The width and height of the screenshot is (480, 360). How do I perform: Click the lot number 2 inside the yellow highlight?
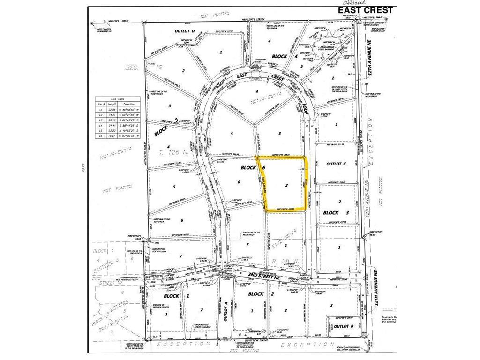coord(286,186)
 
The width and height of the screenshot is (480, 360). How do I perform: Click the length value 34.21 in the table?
coord(111,114)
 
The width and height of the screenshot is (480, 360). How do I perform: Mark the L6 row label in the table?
coord(98,135)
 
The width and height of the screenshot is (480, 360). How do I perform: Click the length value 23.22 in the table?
coord(111,130)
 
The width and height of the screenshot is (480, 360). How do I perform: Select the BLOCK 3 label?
coord(337,213)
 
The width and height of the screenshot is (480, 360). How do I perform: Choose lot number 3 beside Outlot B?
coord(331,305)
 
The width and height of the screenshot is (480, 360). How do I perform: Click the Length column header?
coord(111,104)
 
